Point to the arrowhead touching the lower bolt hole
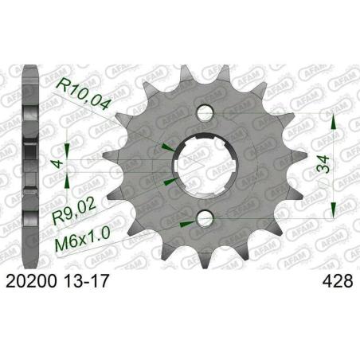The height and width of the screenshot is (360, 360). click(x=189, y=221)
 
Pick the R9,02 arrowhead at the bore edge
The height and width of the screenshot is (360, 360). click(x=167, y=180)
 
